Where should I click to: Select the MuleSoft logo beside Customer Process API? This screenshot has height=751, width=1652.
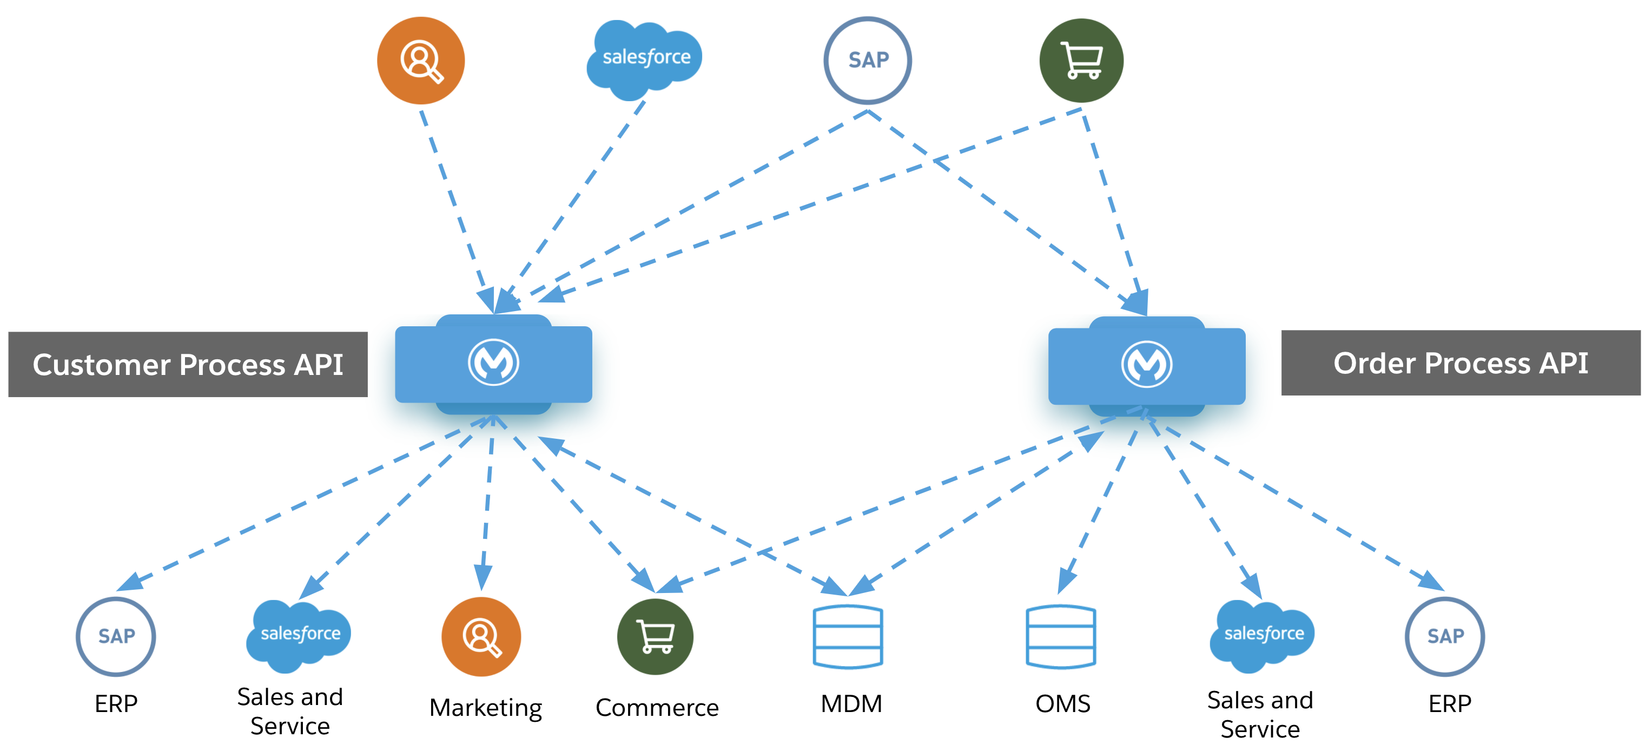click(x=493, y=363)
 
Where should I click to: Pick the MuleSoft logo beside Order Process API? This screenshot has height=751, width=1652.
click(x=1147, y=364)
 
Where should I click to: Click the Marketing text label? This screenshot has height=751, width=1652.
click(x=485, y=707)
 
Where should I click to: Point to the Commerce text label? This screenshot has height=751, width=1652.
click(x=657, y=707)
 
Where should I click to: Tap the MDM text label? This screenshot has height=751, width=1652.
click(x=851, y=704)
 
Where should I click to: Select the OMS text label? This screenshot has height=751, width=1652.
click(x=1062, y=704)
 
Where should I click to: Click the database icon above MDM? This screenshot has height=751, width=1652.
click(x=848, y=637)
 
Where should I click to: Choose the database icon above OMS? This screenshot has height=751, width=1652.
click(x=1061, y=637)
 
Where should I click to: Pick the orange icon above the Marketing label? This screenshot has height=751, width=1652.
click(x=481, y=637)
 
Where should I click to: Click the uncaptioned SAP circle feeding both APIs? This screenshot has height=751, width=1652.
click(x=868, y=60)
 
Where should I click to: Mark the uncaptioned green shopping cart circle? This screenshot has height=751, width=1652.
click(x=1081, y=60)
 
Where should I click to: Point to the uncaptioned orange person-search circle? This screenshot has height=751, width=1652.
click(x=421, y=60)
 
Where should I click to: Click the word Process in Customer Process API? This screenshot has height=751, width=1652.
click(x=232, y=365)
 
